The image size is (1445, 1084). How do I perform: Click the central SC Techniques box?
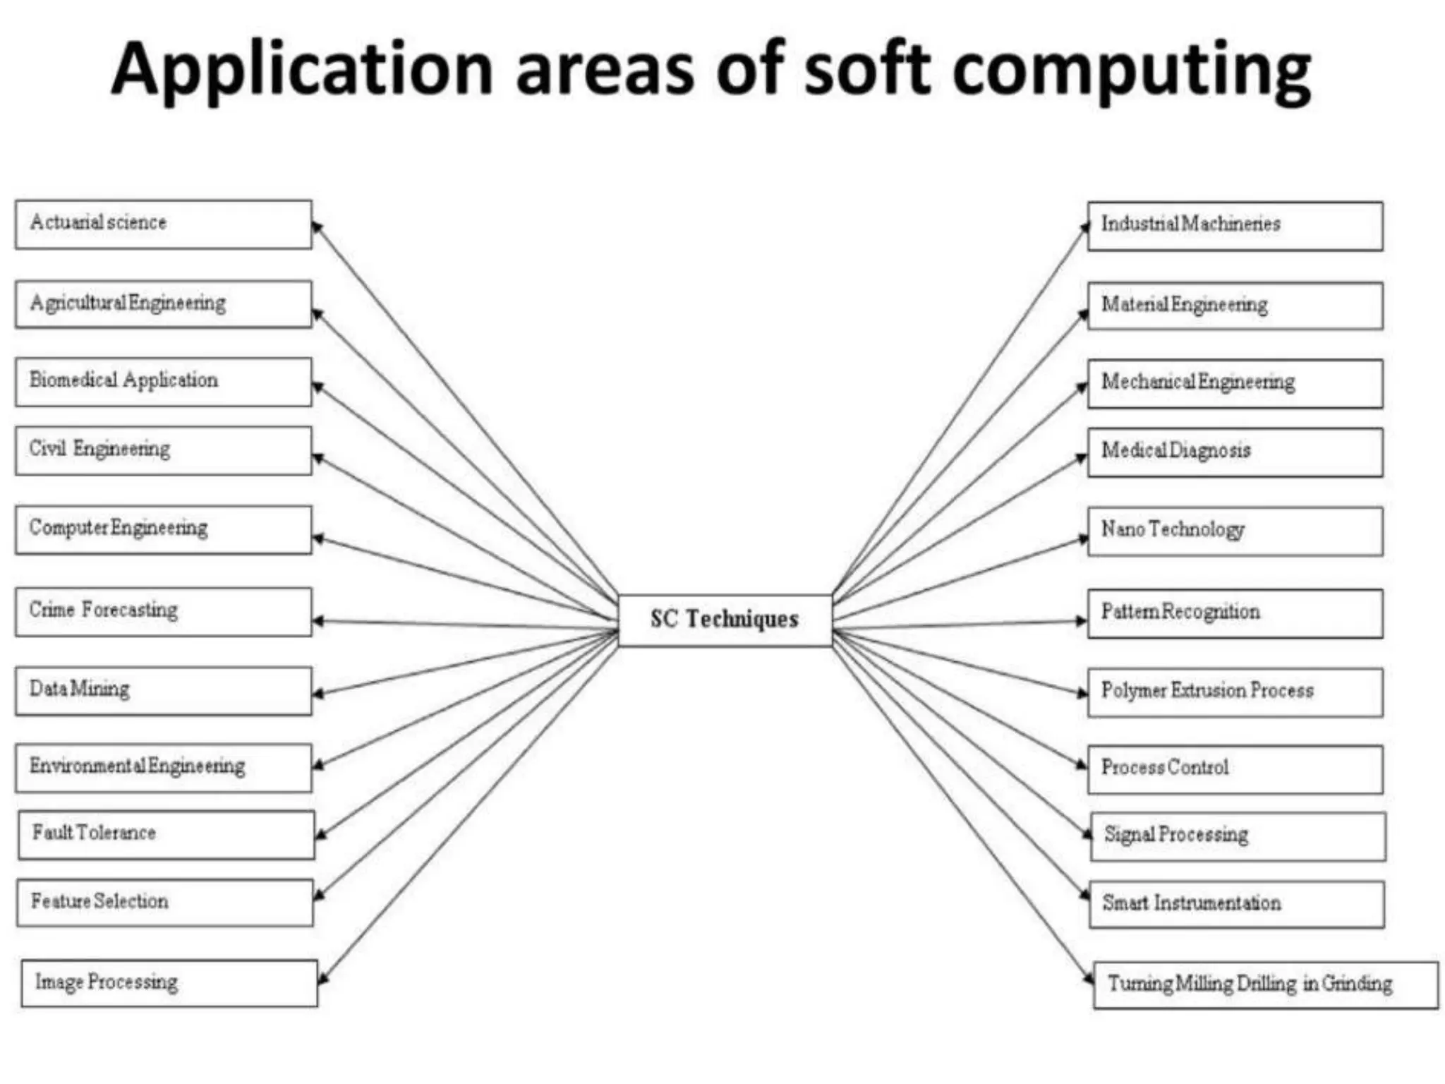[725, 620]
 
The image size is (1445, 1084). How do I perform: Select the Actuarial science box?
[163, 224]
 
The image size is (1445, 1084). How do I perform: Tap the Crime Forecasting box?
[163, 612]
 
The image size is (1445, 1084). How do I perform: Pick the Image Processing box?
[169, 983]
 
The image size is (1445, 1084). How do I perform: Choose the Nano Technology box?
[1235, 531]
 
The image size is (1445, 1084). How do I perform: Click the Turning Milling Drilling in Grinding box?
[1265, 984]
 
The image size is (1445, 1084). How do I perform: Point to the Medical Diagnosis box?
[1235, 452]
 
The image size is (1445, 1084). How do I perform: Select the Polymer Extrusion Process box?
[1235, 692]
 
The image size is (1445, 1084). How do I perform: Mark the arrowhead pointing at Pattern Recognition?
[1082, 621]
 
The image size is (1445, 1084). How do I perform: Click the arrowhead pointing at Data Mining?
[318, 694]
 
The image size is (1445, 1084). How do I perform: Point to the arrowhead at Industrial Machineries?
[1085, 227]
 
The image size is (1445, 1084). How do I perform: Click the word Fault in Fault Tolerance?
[53, 833]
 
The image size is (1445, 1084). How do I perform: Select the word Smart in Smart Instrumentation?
[1125, 903]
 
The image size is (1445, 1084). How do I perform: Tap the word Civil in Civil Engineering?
[47, 449]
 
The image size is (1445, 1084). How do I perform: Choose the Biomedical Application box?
[163, 382]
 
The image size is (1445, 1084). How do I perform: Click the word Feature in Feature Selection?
[61, 901]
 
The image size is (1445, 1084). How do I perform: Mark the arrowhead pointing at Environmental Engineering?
[318, 765]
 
